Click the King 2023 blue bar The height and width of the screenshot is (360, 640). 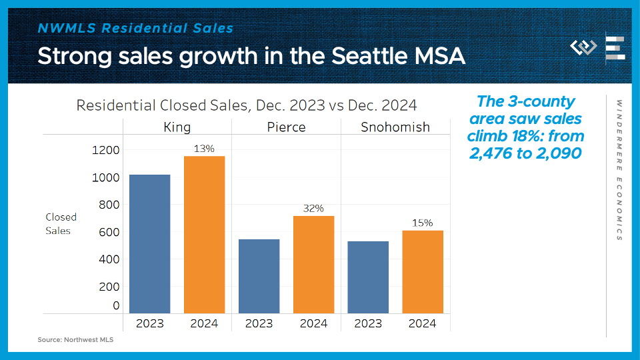[x=149, y=243]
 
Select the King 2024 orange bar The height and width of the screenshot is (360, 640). [x=204, y=234]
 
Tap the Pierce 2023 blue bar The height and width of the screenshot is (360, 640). [x=259, y=276]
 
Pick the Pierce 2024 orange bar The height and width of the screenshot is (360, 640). [x=313, y=264]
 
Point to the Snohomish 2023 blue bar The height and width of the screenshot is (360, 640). [x=368, y=277]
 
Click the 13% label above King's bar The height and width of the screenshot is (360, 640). [x=204, y=149]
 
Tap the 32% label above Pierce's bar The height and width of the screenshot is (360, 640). [x=313, y=209]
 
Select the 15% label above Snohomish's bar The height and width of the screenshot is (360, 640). [x=423, y=223]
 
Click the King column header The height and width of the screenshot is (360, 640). [x=177, y=127]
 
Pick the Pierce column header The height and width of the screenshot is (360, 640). [x=286, y=127]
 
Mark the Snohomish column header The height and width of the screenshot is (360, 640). [x=395, y=127]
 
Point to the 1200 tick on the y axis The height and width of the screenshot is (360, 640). [x=106, y=150]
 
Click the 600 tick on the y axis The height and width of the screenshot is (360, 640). [x=109, y=232]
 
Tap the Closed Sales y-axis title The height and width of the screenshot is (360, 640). [x=61, y=223]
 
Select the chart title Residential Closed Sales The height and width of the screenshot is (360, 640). [x=247, y=105]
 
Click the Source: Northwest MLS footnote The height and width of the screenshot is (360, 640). [x=75, y=340]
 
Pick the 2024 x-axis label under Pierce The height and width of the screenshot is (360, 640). [x=313, y=323]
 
